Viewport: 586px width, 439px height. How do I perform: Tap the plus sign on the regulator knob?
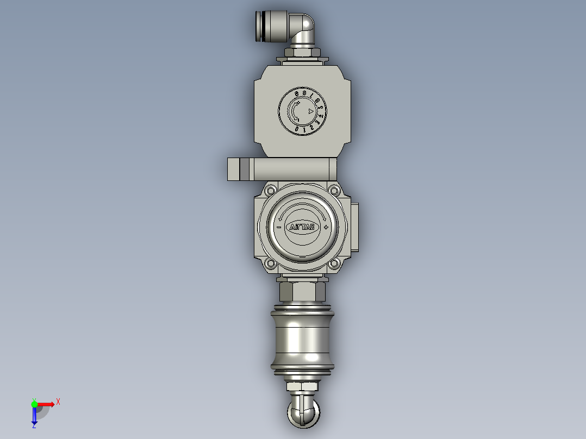326,227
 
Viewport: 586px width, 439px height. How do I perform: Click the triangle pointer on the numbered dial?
310,111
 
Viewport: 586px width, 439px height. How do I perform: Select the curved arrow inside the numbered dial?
294,112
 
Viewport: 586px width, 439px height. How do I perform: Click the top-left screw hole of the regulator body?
270,190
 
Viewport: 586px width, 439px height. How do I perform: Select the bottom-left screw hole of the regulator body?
270,264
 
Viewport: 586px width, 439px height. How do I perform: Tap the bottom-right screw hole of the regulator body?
334,264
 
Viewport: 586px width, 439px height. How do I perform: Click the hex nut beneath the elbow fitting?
302,53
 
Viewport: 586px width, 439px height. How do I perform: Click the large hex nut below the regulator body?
302,292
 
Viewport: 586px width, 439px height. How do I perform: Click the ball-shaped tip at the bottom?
302,414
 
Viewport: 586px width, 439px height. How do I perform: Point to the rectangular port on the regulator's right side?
355,227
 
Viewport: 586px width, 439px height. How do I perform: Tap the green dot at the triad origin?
34,404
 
